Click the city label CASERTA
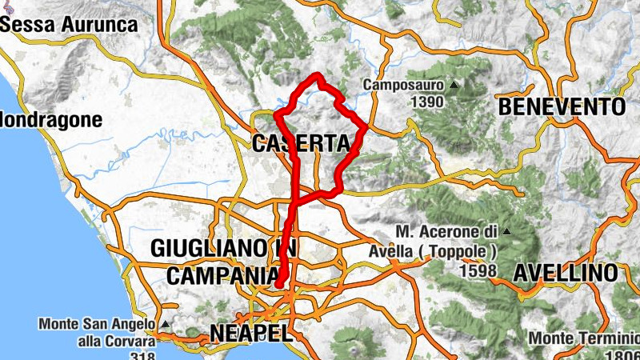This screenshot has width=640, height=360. pos(301,144)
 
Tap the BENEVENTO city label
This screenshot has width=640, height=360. pos(561,106)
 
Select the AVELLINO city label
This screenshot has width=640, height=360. pos(565,273)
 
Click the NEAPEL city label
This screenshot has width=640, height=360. pos(247,332)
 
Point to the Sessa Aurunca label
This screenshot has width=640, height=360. pos(70,24)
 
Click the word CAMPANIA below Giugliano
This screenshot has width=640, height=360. pos(223,274)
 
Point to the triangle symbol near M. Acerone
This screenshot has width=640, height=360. pos(506,232)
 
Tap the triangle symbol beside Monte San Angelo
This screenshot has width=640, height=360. pos(164,325)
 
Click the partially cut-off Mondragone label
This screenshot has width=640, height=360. pos(51,121)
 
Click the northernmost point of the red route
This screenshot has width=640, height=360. pos(318,75)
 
